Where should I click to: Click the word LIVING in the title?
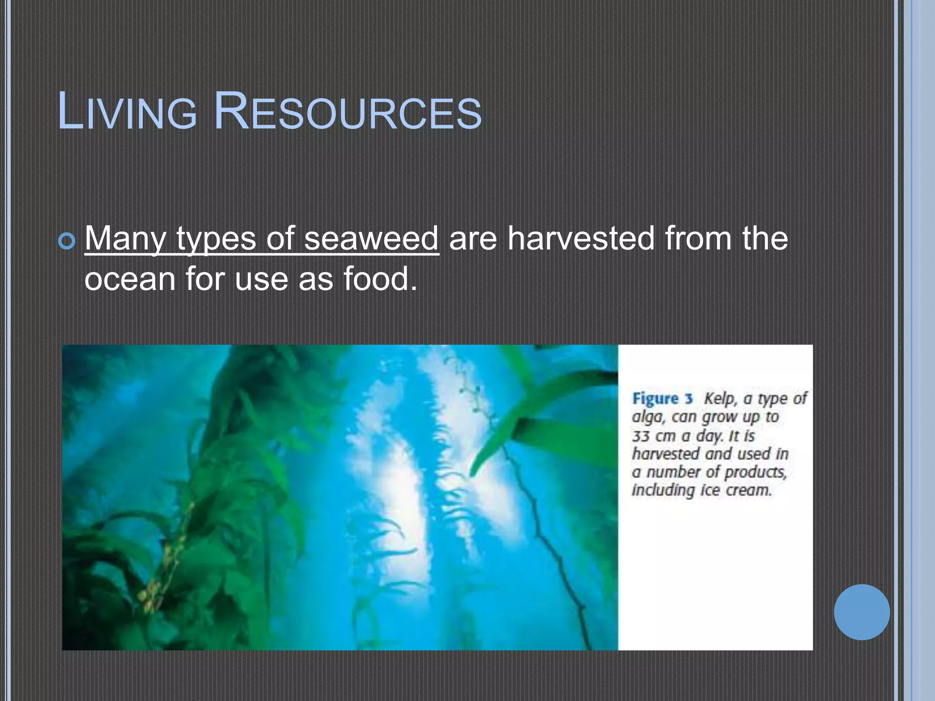click(x=127, y=112)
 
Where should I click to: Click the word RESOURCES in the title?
click(x=347, y=112)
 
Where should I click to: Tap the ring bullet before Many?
click(x=67, y=241)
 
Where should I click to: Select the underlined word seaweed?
click(x=371, y=238)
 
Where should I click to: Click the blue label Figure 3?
click(x=662, y=398)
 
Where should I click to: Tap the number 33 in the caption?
click(x=641, y=436)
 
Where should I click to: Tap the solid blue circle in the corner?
click(x=861, y=612)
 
